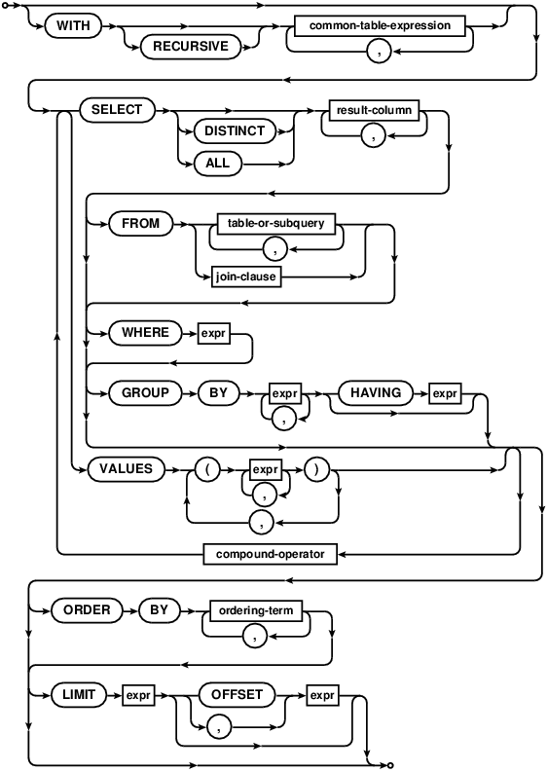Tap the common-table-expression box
click(380, 25)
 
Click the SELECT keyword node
click(117, 110)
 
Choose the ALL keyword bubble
click(218, 163)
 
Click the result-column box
click(375, 110)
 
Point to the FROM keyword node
click(140, 224)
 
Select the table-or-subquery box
click(275, 223)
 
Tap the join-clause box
click(246, 276)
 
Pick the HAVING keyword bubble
click(370, 393)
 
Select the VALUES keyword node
click(127, 468)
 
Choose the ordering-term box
click(255, 610)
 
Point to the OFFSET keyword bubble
click(237, 694)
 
